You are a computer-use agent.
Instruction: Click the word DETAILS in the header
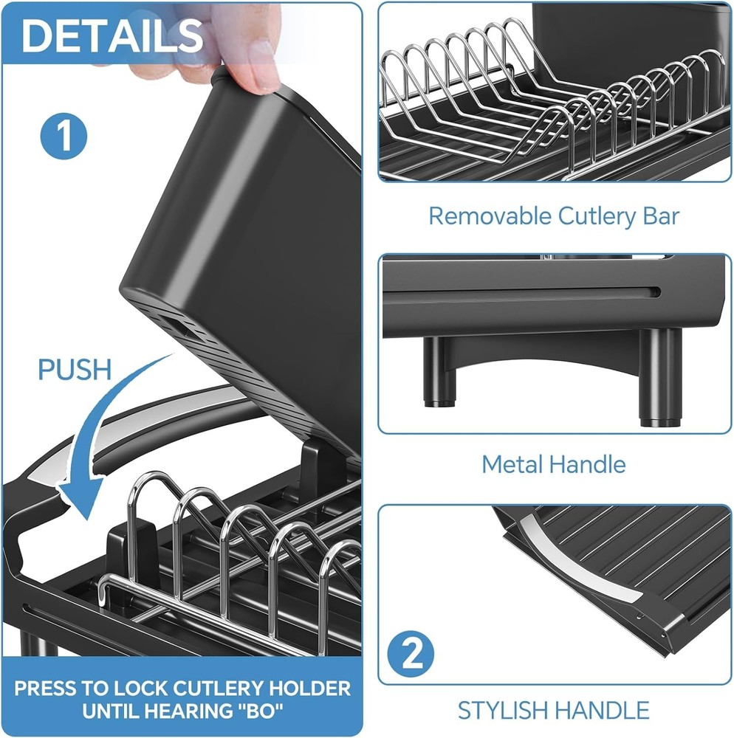[x=112, y=35]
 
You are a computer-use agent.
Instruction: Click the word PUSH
[x=75, y=369]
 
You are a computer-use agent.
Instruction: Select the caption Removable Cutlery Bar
[x=554, y=216]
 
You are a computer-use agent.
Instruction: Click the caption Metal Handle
[x=554, y=464]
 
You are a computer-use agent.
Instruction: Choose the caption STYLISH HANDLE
[x=554, y=710]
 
